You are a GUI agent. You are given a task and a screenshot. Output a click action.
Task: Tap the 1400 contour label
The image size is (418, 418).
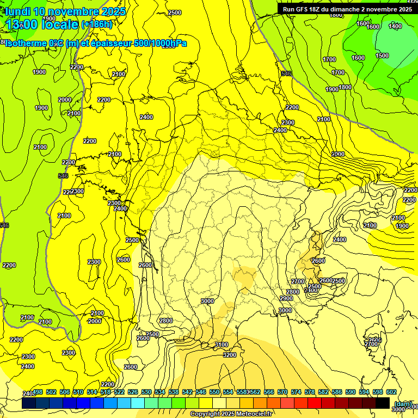point(395,26)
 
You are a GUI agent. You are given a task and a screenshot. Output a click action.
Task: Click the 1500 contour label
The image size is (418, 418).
point(382,56)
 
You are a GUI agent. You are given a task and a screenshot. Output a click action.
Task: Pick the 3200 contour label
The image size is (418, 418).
point(230,355)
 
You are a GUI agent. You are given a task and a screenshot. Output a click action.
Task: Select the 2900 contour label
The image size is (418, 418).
point(286,298)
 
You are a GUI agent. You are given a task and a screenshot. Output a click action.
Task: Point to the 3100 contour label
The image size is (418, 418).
point(222,345)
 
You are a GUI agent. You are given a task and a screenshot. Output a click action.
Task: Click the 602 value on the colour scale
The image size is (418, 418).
point(391,392)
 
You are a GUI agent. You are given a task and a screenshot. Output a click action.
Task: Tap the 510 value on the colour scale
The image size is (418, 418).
point(78,392)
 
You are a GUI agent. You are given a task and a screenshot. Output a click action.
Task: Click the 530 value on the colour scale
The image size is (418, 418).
point(146,392)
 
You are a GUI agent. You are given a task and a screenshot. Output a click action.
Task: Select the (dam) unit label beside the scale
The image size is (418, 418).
point(403,403)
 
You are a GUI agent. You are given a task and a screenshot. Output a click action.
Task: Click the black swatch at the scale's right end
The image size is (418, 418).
point(383,403)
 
